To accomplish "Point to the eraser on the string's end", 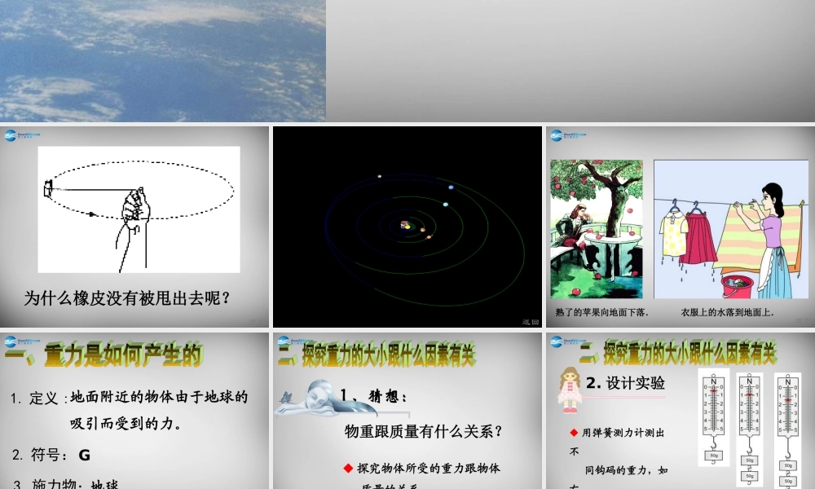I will pos(47,189).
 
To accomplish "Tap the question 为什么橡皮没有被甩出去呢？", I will pos(128,298).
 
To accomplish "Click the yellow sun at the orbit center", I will pos(406,225).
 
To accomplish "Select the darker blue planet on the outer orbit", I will pos(451,187).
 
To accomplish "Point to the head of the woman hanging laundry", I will pos(770,196).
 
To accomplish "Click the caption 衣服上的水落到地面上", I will pos(727,312).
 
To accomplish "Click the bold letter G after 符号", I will pos(85,455).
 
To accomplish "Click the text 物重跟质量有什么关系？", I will pos(423,431).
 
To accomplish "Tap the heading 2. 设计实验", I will pos(625,383).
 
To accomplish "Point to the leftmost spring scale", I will pos(714,416).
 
